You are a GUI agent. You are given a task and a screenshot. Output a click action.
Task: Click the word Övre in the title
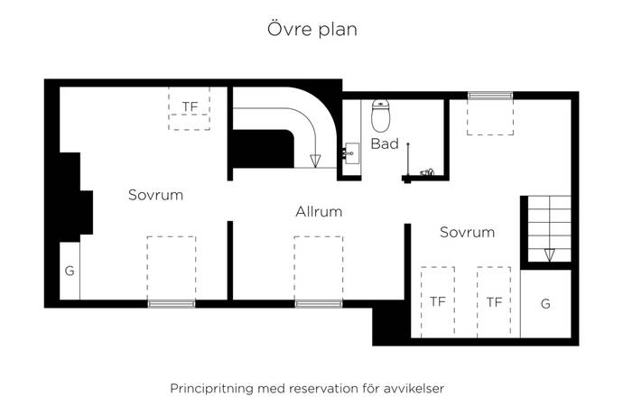point(288,29)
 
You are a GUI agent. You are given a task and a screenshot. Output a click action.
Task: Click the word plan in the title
point(336,30)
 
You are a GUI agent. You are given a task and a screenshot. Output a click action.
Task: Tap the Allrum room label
point(319,212)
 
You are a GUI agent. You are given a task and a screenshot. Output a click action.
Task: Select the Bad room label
point(384,144)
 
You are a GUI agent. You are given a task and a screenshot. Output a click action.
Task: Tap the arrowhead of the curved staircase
point(315,161)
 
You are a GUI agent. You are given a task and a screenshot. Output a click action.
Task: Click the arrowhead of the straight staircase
point(550,255)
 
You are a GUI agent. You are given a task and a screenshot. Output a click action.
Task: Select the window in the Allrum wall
point(318,303)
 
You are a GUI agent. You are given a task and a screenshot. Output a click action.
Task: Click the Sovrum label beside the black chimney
point(155,195)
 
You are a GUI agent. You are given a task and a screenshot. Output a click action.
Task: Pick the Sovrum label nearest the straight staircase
point(467,232)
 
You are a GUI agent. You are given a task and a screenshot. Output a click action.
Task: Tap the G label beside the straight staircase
point(545,304)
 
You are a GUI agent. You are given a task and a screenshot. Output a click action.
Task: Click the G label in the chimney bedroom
point(69,271)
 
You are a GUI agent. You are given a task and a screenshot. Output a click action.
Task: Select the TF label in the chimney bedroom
point(190,106)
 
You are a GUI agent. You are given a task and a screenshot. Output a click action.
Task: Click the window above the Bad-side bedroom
point(488,95)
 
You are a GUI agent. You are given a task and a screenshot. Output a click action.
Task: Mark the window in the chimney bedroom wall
point(171,303)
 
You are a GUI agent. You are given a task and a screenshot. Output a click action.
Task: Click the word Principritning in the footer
point(212,389)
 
